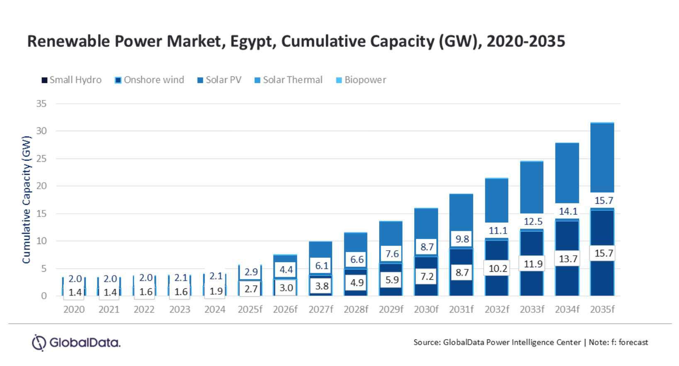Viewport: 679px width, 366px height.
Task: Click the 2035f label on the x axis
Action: click(x=602, y=310)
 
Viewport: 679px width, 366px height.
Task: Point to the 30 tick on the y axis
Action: click(x=41, y=131)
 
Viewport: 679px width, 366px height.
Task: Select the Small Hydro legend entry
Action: click(x=71, y=80)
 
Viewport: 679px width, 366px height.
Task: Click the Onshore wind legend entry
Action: click(x=149, y=80)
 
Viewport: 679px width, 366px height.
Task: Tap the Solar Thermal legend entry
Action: click(x=288, y=80)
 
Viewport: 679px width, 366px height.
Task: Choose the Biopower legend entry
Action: click(x=361, y=80)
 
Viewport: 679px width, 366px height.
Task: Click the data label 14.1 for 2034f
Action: click(x=568, y=211)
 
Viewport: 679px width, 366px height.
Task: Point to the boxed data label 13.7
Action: click(x=568, y=259)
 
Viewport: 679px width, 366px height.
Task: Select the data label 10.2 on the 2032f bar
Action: click(x=498, y=268)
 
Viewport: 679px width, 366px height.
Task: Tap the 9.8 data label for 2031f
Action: click(x=462, y=239)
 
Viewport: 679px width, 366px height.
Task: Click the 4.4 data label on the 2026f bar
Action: click(x=286, y=270)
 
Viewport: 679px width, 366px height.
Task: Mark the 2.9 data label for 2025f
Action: click(x=251, y=272)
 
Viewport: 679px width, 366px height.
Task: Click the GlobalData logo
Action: click(x=76, y=343)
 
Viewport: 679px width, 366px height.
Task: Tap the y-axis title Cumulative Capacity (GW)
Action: click(x=27, y=200)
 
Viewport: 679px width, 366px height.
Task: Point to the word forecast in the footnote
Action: click(x=633, y=342)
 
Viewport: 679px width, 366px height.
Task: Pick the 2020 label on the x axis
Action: click(x=74, y=310)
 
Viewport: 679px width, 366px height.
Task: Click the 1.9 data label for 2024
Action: click(x=216, y=291)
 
